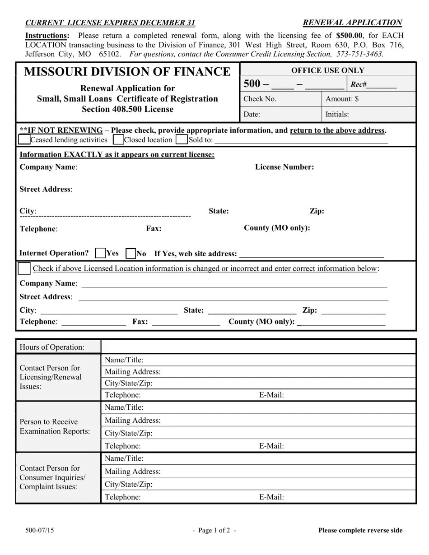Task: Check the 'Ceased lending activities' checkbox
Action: click(24, 139)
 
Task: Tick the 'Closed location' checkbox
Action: click(118, 139)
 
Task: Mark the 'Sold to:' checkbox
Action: click(182, 139)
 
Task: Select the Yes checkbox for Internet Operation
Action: click(101, 253)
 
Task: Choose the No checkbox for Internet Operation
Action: click(131, 254)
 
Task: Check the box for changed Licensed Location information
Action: click(24, 268)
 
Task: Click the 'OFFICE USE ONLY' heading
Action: click(327, 70)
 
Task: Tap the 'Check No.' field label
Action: click(260, 99)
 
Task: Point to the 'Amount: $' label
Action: click(342, 99)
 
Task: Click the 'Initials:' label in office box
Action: click(337, 114)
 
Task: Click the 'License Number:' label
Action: click(284, 167)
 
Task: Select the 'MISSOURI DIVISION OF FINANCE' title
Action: click(127, 72)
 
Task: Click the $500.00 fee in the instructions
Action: click(349, 36)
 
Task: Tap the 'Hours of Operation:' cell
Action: click(52, 347)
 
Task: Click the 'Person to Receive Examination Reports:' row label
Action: click(55, 426)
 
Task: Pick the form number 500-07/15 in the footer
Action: click(40, 531)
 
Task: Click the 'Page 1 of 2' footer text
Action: click(214, 531)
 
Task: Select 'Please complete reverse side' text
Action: click(360, 531)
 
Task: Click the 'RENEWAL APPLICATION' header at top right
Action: click(352, 23)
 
